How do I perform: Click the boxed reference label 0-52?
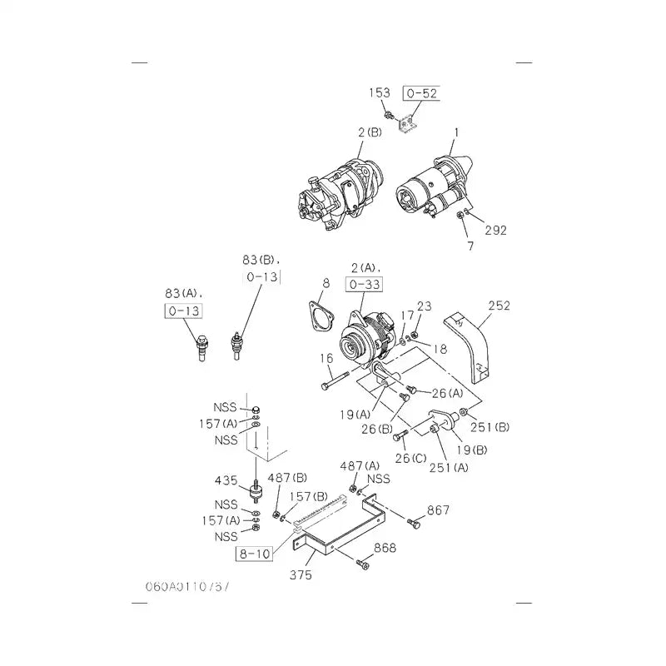(420, 93)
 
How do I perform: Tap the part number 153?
(380, 93)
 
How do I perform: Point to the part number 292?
(495, 231)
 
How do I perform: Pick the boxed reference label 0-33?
(363, 285)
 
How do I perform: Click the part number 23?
(424, 306)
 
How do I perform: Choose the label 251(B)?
(490, 427)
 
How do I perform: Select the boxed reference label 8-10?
(255, 552)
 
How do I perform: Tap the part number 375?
(301, 575)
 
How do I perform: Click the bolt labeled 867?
(415, 524)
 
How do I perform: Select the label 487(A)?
(360, 465)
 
